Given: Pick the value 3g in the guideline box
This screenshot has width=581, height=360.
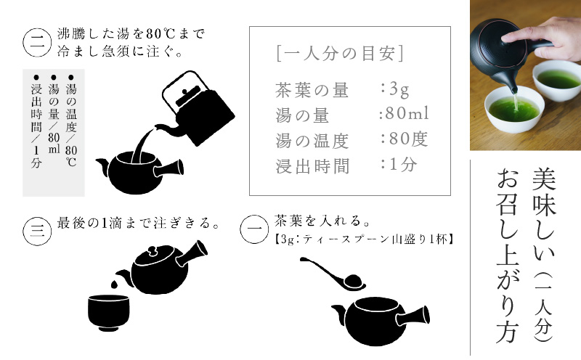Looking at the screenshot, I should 395,90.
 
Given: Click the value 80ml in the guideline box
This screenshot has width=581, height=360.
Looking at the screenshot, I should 404,115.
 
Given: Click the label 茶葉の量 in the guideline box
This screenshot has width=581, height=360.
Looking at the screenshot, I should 312,91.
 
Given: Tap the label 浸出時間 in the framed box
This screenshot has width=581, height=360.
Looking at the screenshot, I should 312,165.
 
